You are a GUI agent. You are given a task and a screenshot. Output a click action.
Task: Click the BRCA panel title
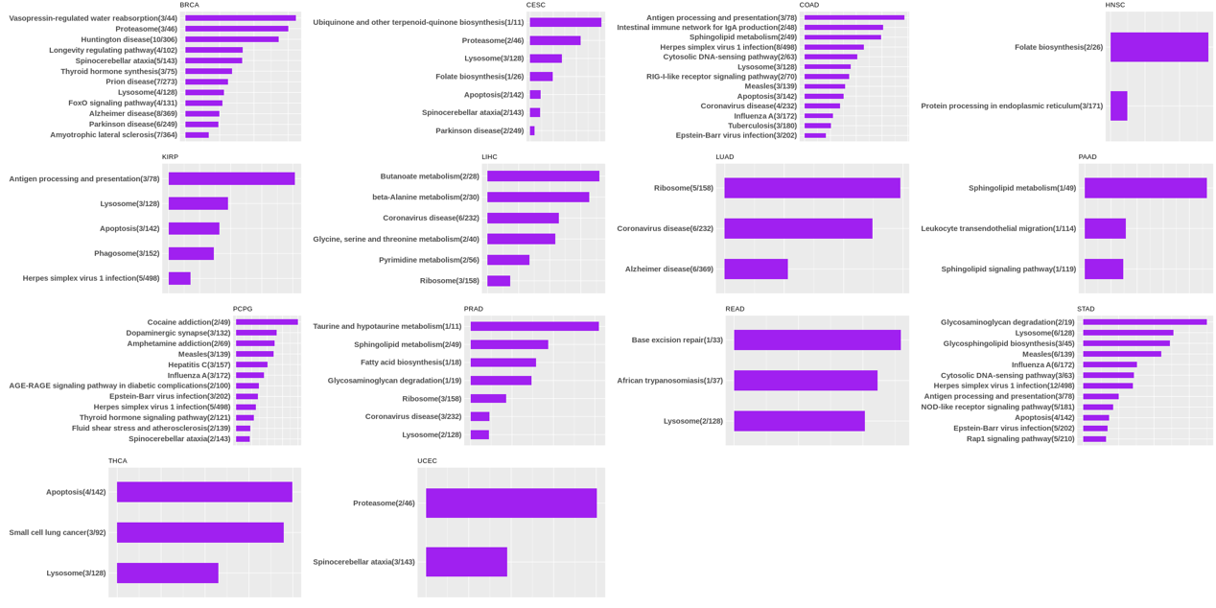click(189, 5)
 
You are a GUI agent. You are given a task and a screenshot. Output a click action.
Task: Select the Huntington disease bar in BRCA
click(231, 39)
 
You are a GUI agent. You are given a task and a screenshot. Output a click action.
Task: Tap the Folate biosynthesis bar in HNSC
click(1158, 47)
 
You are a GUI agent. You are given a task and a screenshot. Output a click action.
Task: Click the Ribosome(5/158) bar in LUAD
click(811, 188)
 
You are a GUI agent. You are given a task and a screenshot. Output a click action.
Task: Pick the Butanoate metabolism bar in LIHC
click(543, 176)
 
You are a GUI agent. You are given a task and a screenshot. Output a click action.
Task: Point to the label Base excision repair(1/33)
click(677, 339)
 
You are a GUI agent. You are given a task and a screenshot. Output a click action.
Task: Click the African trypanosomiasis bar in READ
click(806, 381)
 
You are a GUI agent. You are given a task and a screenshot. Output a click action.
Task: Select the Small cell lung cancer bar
click(199, 532)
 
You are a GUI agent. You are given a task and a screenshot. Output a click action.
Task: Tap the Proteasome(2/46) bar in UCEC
click(511, 503)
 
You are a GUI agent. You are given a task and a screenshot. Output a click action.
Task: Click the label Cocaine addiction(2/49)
click(189, 322)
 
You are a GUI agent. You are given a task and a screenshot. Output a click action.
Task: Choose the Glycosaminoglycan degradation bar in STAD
click(1144, 322)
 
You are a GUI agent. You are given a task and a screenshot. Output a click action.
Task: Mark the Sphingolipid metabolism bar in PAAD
click(1145, 188)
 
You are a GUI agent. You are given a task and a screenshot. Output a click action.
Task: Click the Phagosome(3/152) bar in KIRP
click(191, 253)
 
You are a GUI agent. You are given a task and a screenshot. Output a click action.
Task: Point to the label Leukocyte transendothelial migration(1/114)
click(998, 228)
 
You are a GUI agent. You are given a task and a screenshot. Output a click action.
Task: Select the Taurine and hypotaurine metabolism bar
click(534, 326)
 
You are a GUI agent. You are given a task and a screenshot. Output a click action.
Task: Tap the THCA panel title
click(117, 461)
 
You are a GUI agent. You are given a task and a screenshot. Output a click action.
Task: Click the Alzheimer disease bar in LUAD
click(756, 269)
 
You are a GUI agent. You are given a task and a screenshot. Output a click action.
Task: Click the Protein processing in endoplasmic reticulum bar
click(1118, 105)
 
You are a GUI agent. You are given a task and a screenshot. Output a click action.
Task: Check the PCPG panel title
click(243, 309)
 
